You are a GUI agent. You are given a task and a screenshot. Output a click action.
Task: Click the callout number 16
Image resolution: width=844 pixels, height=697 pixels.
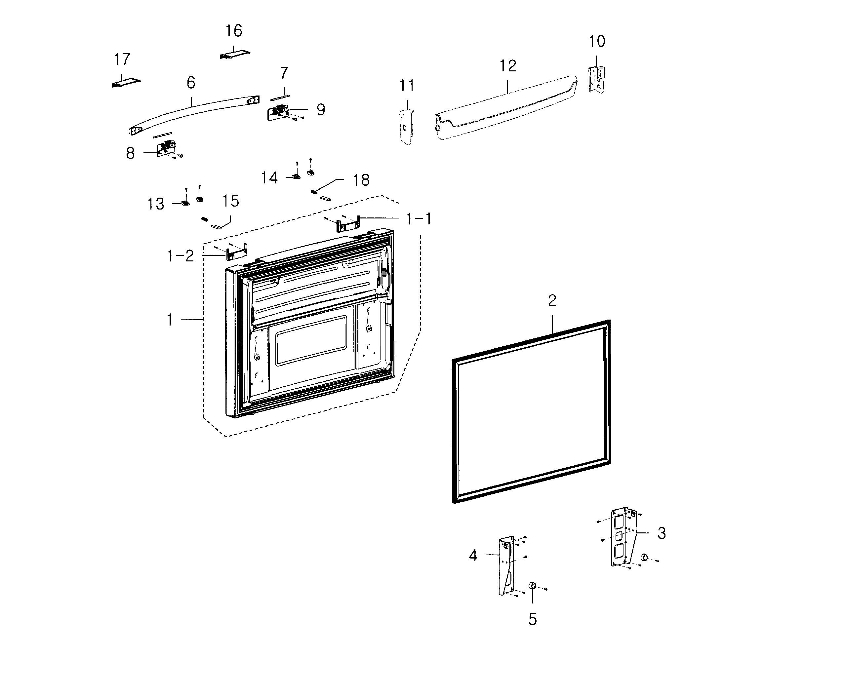(234, 31)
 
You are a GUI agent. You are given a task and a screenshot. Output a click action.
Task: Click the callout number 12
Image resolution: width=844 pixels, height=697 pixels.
(507, 66)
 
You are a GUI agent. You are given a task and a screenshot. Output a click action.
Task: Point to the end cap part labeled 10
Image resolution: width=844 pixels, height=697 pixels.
(596, 79)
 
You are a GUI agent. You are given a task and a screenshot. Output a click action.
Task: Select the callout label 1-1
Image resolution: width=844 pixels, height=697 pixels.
(419, 219)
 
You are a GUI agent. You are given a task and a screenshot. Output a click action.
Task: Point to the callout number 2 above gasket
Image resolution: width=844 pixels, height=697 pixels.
(552, 301)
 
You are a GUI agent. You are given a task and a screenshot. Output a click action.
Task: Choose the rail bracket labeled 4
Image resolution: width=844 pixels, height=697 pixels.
(506, 566)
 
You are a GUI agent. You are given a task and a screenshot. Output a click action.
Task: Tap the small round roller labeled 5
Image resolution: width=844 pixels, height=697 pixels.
(533, 585)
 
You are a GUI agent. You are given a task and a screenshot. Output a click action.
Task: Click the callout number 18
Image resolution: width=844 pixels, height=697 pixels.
(361, 180)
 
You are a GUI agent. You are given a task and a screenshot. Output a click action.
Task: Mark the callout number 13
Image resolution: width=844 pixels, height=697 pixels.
(156, 204)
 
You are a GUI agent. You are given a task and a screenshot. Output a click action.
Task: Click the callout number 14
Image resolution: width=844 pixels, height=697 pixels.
(269, 178)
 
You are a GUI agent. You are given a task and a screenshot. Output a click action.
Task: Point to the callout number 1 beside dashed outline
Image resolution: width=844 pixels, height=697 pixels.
(170, 320)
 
